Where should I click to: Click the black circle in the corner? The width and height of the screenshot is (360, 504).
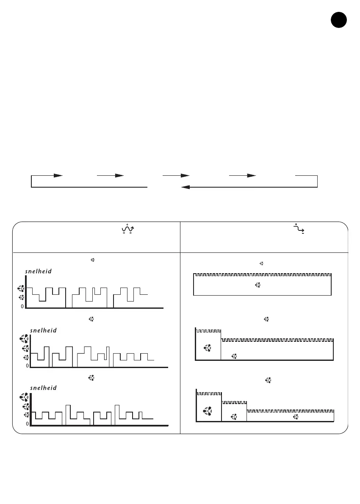point(338,20)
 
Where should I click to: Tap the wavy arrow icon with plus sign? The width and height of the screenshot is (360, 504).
point(127,229)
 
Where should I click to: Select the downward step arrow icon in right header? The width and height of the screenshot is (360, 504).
point(299,229)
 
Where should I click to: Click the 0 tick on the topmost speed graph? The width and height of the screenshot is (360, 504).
point(22,307)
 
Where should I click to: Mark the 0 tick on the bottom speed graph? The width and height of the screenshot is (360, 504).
point(27,424)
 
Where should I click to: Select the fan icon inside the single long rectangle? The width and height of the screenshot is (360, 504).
point(257,285)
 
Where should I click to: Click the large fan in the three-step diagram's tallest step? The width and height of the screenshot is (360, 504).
point(208,410)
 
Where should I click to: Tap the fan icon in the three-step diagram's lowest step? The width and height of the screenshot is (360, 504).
point(296,417)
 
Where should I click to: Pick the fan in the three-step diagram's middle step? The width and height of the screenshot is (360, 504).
point(234,417)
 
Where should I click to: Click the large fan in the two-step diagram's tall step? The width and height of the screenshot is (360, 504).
point(208,348)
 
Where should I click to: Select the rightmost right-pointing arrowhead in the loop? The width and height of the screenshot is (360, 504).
point(251,175)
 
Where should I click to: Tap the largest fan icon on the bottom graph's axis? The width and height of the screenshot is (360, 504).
point(24,397)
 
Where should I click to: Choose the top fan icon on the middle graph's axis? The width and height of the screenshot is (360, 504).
point(24,338)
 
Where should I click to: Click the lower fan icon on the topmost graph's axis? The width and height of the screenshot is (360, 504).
point(20,299)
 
